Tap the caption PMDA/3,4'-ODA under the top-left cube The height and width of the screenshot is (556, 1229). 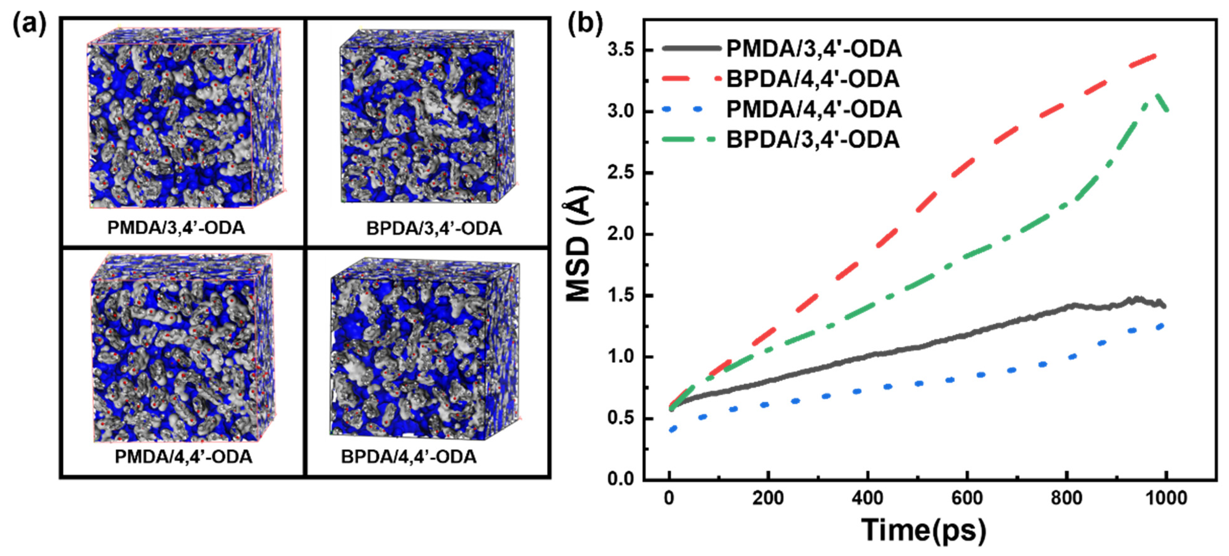click(176, 228)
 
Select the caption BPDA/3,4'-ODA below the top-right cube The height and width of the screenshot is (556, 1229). click(434, 228)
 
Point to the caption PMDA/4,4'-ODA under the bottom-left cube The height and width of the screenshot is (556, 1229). click(183, 457)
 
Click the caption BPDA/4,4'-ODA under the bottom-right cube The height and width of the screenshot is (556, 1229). click(409, 457)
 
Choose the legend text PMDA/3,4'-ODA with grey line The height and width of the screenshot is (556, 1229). click(814, 49)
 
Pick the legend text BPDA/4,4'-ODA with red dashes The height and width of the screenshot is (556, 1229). click(813, 79)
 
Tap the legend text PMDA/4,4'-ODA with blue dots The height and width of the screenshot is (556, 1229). click(814, 110)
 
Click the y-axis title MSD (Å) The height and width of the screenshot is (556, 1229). click(579, 245)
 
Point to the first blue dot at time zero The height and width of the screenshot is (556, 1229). click(673, 430)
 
